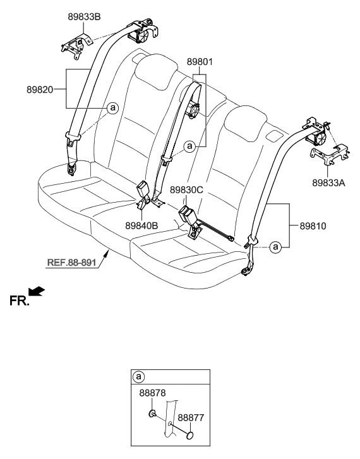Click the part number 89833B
pos(84,17)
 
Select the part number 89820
pos(40,90)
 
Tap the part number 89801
pos(200,62)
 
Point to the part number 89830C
pos(186,190)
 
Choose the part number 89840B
pos(141,225)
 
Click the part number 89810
pos(313,226)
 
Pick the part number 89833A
pos(328,183)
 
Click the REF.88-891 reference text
pos(72,262)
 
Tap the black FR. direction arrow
pos(37,292)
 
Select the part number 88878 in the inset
pos(152,393)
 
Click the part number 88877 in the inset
pos(191,417)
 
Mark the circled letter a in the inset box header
pos(138,377)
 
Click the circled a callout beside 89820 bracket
pos(112,108)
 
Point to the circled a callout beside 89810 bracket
pos(275,247)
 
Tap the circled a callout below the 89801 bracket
pos(190,145)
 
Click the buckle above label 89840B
pos(144,189)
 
